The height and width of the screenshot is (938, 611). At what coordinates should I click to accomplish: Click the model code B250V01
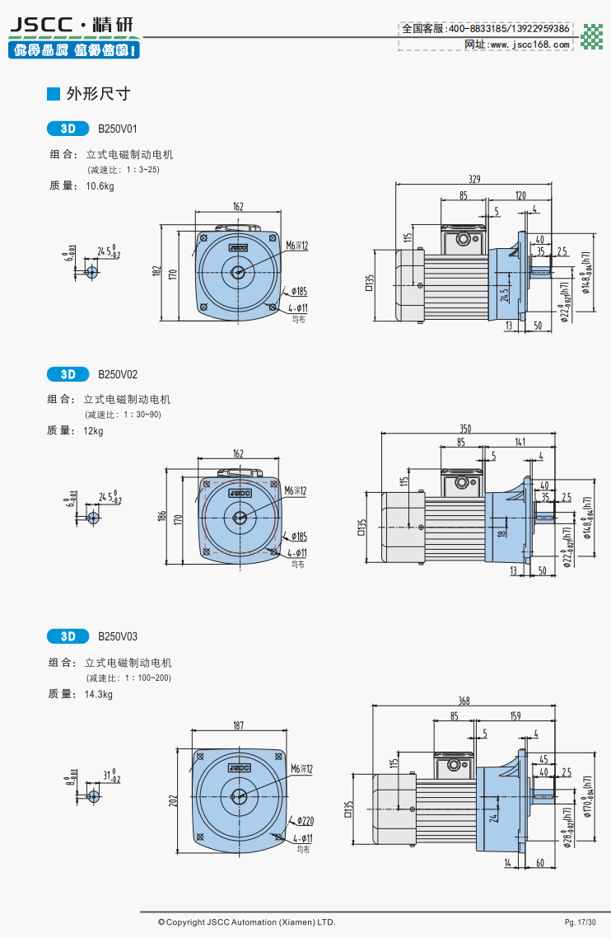point(118,129)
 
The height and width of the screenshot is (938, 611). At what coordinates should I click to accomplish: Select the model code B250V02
point(118,374)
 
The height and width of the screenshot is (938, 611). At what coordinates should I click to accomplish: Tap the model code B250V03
point(118,636)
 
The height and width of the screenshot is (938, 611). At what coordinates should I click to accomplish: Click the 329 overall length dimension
point(474,179)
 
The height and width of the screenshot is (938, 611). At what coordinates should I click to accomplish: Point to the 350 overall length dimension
point(465,428)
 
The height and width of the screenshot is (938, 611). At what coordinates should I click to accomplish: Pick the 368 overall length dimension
point(464,701)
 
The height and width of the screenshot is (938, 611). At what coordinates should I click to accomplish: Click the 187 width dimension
point(238,725)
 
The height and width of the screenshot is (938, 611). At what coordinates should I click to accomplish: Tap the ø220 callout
point(305,821)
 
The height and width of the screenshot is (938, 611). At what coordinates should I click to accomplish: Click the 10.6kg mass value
point(100,186)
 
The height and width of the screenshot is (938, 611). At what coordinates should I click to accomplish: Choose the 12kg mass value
point(94,431)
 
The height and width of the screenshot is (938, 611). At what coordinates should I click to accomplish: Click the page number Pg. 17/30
point(580,922)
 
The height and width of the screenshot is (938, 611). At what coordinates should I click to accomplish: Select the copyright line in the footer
point(246,922)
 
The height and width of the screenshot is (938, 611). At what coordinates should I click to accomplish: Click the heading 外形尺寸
point(99,94)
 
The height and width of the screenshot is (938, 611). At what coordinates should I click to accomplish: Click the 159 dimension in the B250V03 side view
point(515,716)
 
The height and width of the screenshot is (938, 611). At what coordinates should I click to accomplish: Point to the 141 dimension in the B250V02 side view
point(520,443)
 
